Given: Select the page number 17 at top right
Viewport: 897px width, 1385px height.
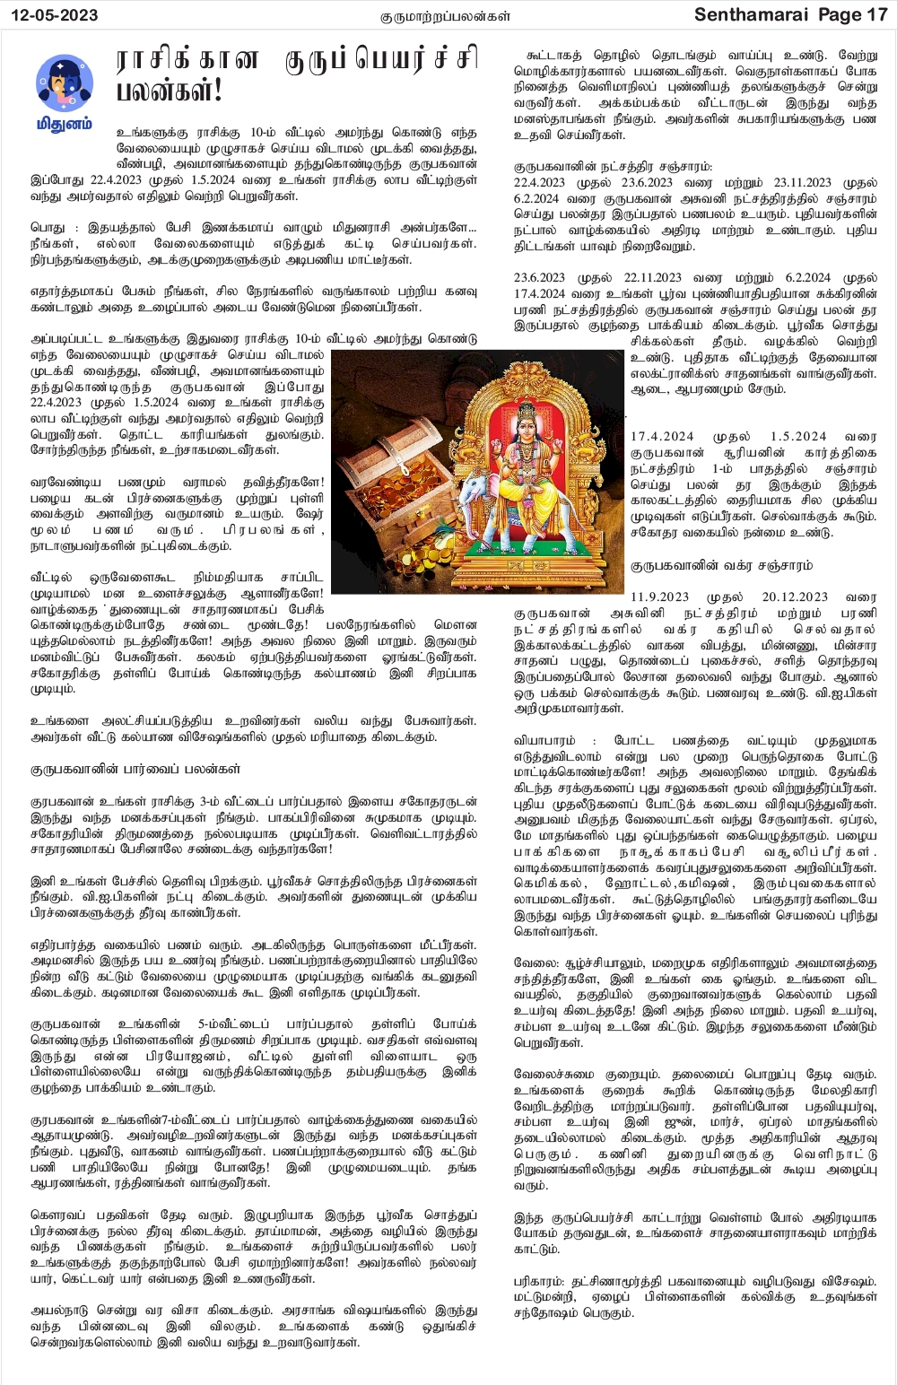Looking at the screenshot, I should tap(876, 15).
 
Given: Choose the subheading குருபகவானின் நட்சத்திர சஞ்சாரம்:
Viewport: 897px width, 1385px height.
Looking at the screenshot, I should tap(614, 166).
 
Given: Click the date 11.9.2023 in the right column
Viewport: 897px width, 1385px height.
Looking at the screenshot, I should tap(660, 597).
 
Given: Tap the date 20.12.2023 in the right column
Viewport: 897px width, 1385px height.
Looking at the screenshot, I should tap(795, 597).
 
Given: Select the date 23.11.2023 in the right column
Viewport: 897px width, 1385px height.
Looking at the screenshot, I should tap(803, 182).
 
